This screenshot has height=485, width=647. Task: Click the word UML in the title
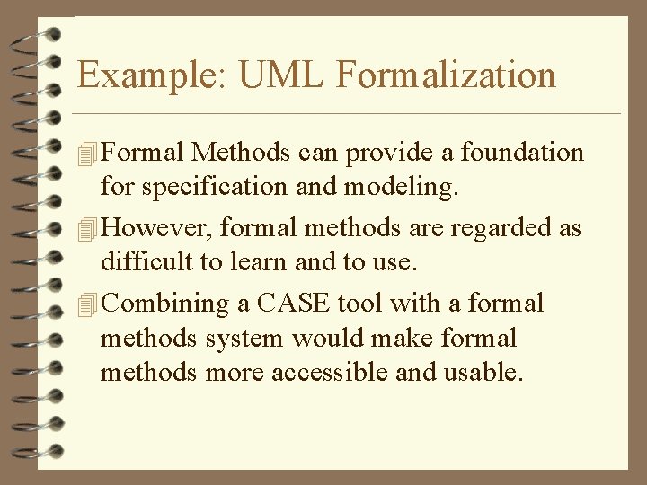tap(281, 75)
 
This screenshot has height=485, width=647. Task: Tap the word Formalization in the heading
tap(446, 75)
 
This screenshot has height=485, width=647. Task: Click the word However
tap(156, 228)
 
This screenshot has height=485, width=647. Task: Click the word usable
tap(483, 373)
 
